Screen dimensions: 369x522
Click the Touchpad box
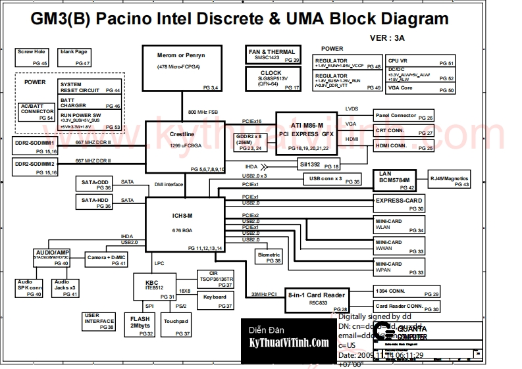coord(176,325)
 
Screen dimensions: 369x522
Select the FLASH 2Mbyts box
coord(140,325)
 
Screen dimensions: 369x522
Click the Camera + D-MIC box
coord(107,260)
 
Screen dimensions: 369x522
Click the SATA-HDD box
coord(95,202)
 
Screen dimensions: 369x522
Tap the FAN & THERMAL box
coord(273,55)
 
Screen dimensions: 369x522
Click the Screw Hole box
coord(32,57)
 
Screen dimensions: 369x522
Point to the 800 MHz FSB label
coord(202,112)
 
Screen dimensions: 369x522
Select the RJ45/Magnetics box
coord(450,181)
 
